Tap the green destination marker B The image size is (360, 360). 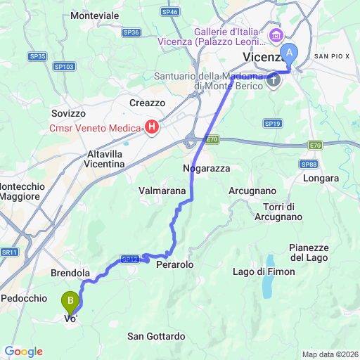tap(70, 302)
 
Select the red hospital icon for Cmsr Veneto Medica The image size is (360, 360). tap(151, 127)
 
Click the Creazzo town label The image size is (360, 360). tap(147, 103)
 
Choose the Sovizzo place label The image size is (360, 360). tap(68, 112)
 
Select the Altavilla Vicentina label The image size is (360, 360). tap(95, 158)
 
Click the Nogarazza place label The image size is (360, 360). tap(206, 169)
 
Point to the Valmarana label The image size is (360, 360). tap(162, 191)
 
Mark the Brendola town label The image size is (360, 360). tap(70, 272)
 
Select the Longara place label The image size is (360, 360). tap(321, 179)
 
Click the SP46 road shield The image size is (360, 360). tap(169, 12)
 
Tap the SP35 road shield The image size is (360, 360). tap(38, 56)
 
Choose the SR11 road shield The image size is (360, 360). tap(8, 252)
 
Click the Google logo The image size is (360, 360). tap(23, 352)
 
